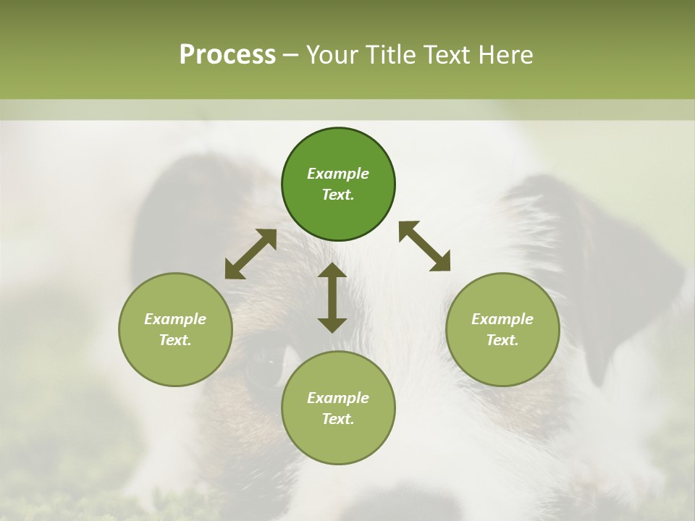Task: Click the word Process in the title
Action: click(227, 55)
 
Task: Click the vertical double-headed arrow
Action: click(332, 297)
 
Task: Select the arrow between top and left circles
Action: click(250, 254)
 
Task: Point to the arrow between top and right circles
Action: click(424, 246)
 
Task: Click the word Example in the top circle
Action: click(338, 174)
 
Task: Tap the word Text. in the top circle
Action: click(338, 195)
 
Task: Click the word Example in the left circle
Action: click(175, 319)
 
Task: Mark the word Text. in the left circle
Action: click(175, 340)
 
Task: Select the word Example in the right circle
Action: click(502, 319)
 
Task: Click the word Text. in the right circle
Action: click(502, 340)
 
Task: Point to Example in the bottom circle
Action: click(338, 398)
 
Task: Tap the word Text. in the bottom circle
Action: click(338, 419)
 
